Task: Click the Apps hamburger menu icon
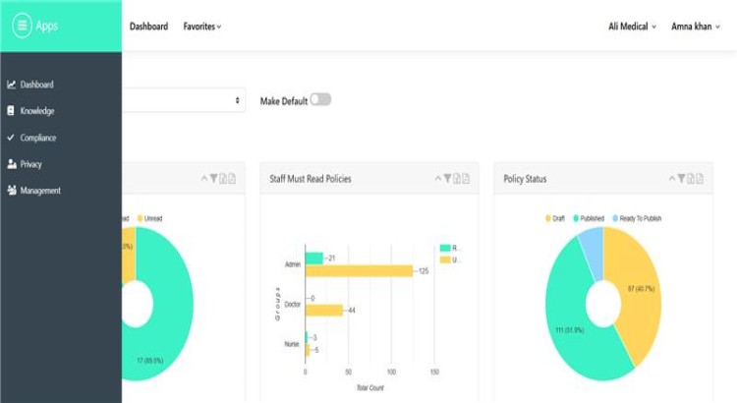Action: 22,27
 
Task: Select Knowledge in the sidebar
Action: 36,111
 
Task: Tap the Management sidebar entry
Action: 40,191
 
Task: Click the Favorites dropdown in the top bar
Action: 201,27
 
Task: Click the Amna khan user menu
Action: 695,27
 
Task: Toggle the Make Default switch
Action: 320,100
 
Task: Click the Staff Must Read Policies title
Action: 310,179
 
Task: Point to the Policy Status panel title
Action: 525,179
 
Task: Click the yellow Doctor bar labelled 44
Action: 324,311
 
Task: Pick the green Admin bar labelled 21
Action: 314,258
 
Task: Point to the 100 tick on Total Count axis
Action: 391,374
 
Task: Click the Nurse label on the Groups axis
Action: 292,344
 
